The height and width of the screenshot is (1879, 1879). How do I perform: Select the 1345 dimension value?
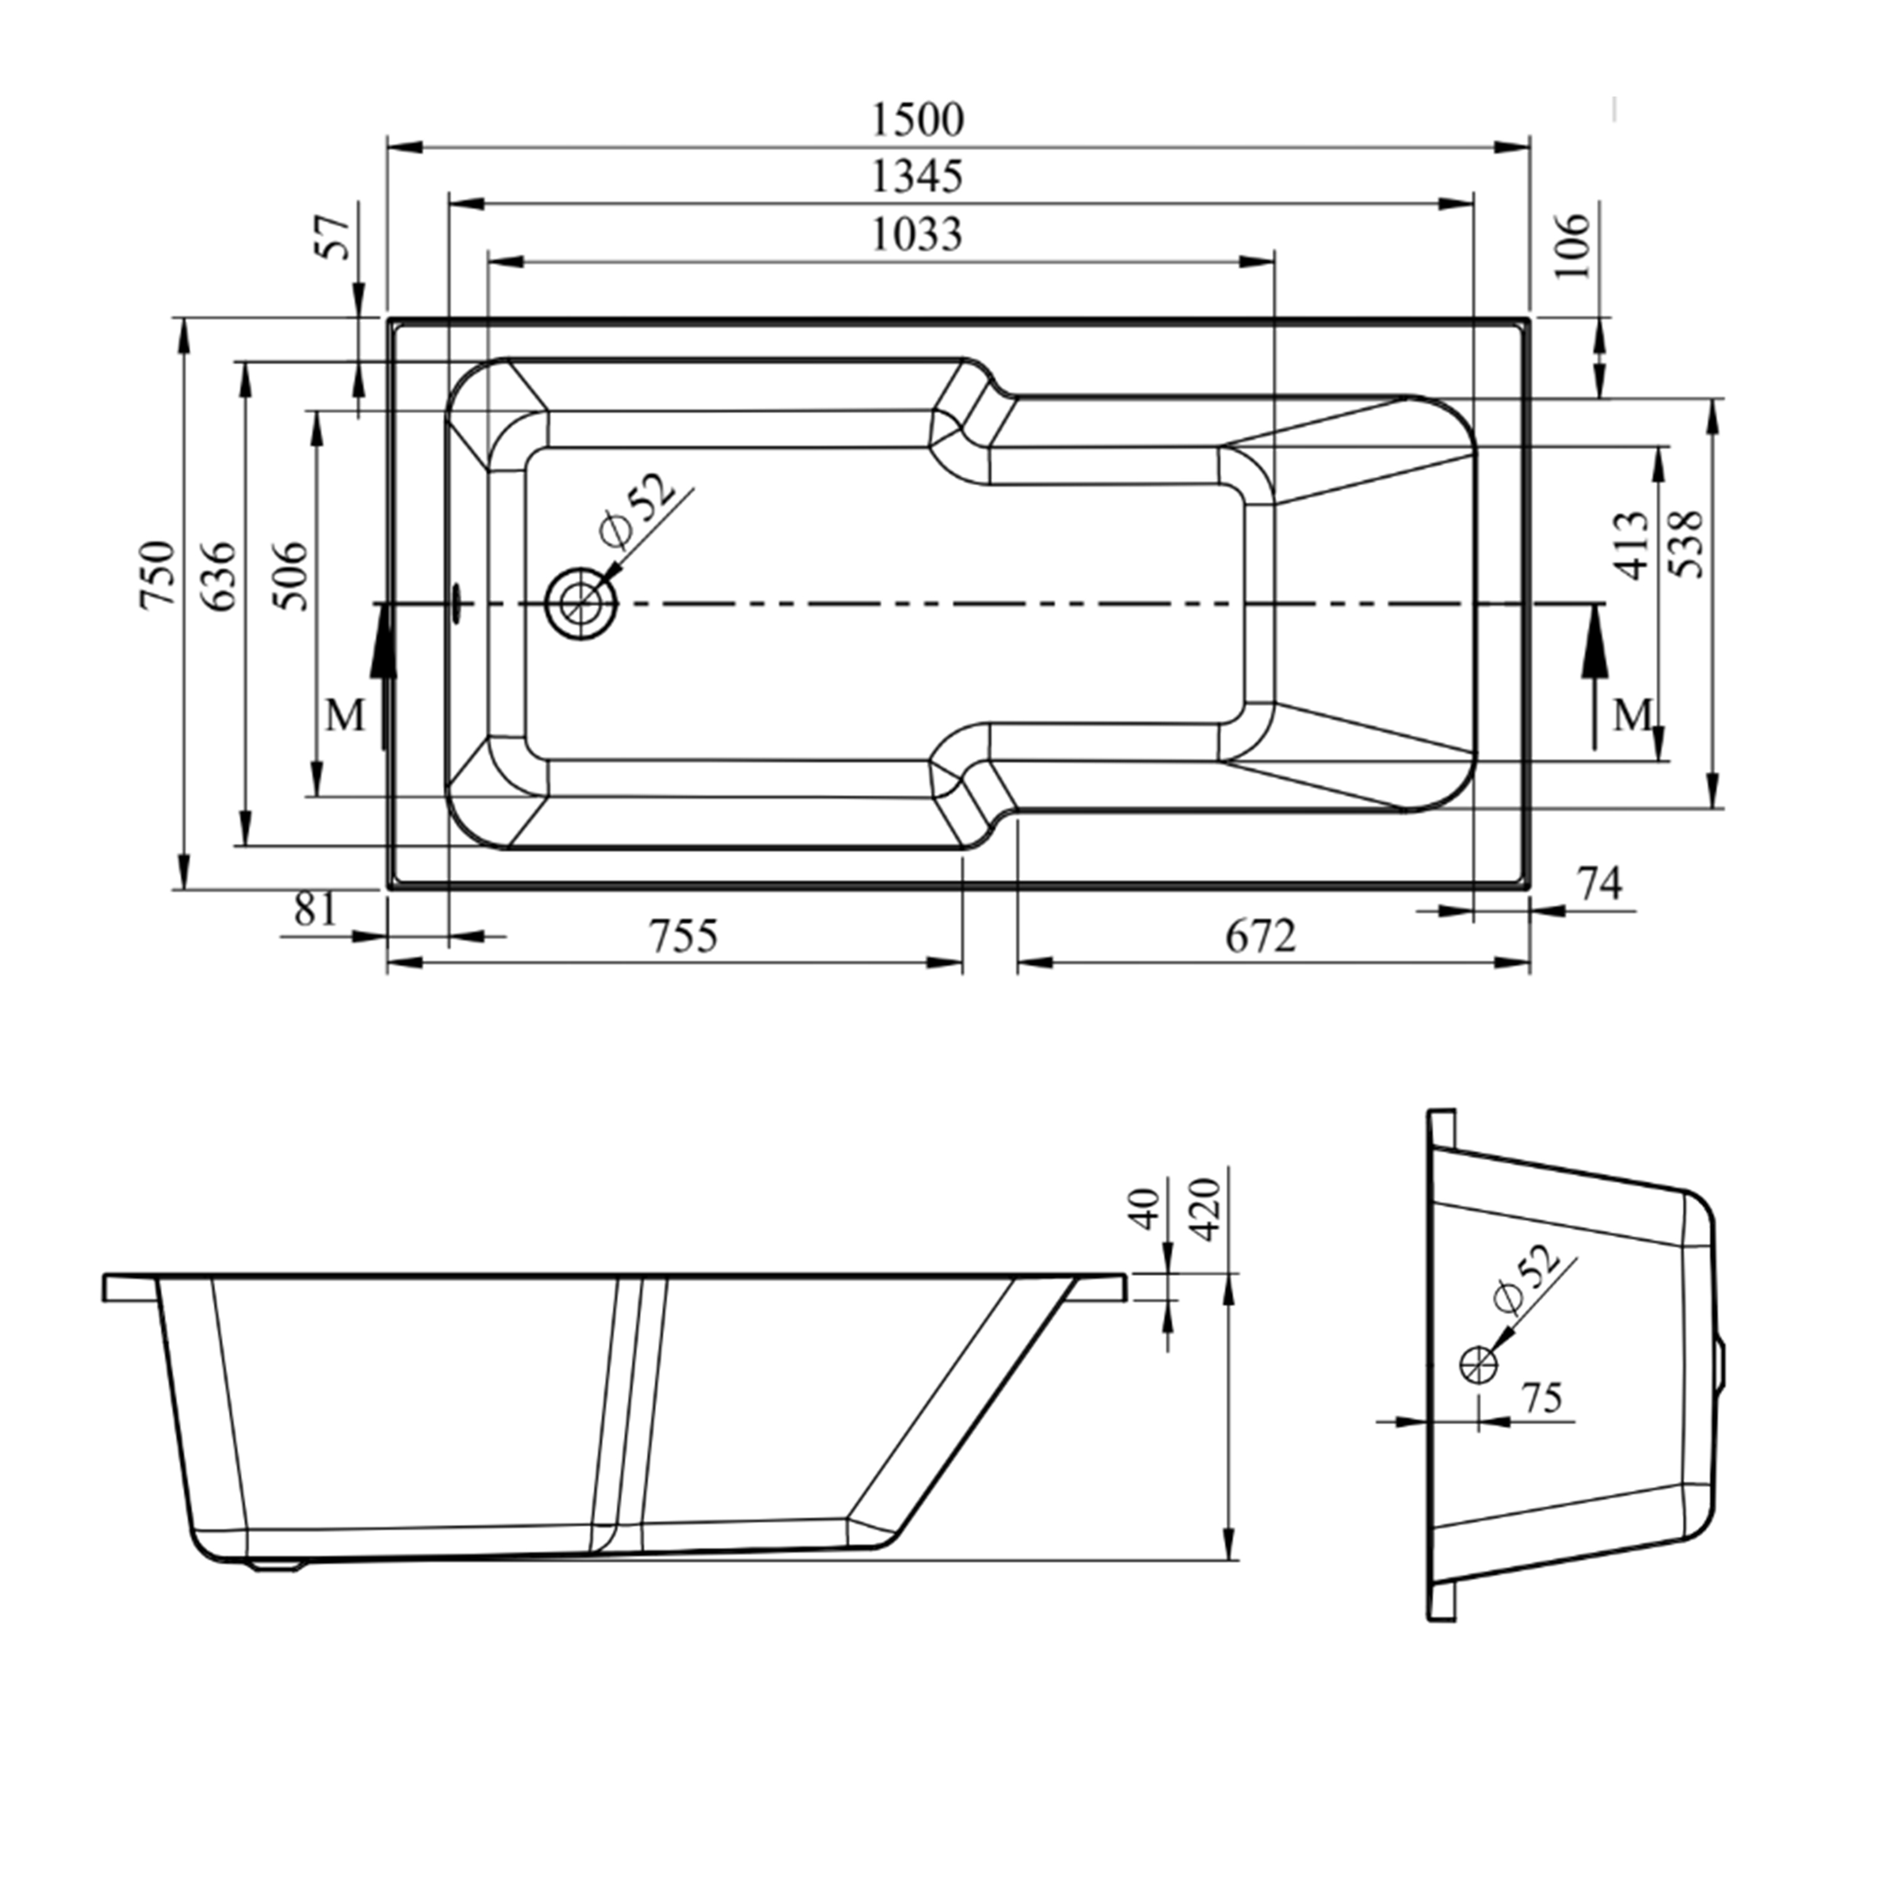pyautogui.click(x=916, y=177)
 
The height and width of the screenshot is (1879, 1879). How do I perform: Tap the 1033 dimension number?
pyautogui.click(x=916, y=234)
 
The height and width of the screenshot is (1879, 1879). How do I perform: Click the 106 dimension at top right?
pyautogui.click(x=1573, y=245)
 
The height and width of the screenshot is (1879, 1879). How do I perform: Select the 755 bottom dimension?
pyautogui.click(x=684, y=936)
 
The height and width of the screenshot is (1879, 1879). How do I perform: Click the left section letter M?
pyautogui.click(x=345, y=717)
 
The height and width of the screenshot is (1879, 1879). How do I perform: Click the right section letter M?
pyautogui.click(x=1633, y=717)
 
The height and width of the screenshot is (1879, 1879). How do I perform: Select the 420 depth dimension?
pyautogui.click(x=1206, y=1209)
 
